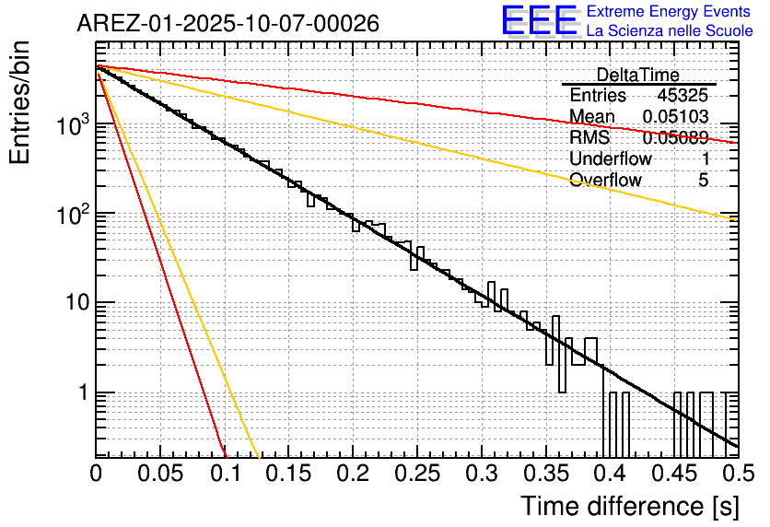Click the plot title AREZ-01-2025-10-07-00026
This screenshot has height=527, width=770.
[x=227, y=24]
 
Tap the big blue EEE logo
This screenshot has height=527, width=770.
[x=539, y=21]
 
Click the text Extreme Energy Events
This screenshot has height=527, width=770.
[x=670, y=11]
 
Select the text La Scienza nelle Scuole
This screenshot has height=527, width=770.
[x=670, y=30]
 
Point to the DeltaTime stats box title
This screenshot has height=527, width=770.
[x=638, y=75]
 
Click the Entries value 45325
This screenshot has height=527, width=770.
[x=682, y=96]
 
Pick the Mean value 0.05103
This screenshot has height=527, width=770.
[x=675, y=117]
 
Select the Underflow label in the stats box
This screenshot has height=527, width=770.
[x=611, y=158]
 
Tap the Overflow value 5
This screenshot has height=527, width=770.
[x=704, y=180]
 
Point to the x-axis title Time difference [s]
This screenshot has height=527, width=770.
[x=629, y=506]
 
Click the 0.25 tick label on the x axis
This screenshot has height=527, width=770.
[x=416, y=474]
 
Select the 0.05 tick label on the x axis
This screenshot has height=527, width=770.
[x=159, y=474]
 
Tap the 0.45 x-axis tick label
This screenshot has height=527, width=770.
[x=673, y=474]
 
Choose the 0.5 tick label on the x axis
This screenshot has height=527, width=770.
[x=736, y=474]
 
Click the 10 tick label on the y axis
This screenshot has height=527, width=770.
[x=74, y=303]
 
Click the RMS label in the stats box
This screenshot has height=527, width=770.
[x=589, y=138]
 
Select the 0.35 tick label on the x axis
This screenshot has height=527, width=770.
[x=545, y=474]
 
